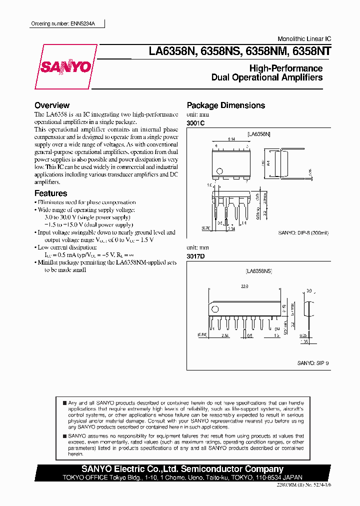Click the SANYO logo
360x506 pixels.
pos(66,66)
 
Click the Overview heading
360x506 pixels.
pos(52,105)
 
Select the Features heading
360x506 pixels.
pos(50,193)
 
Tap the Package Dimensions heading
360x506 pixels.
pos(225,105)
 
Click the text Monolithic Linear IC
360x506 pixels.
pos(304,39)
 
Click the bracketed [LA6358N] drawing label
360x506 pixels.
pos(258,134)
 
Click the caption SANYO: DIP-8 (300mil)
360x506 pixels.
pos(304,232)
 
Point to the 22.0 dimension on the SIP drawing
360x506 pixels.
pos(244,286)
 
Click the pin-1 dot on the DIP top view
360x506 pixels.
pos(218,170)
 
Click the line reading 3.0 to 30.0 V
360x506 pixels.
pos(84,217)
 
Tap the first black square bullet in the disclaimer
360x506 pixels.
pos(64,402)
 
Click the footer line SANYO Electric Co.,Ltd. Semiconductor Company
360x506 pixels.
pos(182,469)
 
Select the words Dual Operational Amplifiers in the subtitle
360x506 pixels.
pos(267,77)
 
